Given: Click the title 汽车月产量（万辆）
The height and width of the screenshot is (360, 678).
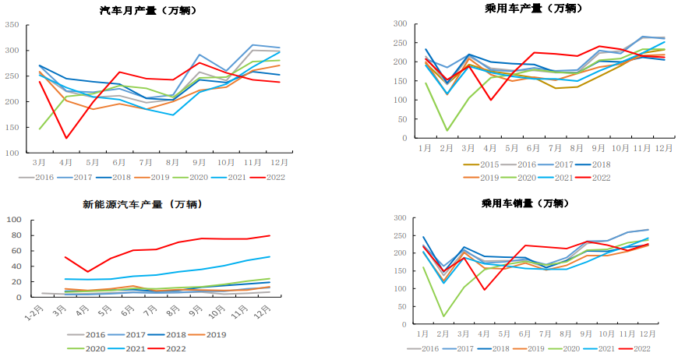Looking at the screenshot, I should tap(148, 11).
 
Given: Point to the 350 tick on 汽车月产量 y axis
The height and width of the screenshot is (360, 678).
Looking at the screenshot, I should tap(12, 25).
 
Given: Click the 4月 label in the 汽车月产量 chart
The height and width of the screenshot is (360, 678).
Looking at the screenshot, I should tap(66, 162).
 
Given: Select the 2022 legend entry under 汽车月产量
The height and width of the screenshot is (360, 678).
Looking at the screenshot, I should tap(268, 177).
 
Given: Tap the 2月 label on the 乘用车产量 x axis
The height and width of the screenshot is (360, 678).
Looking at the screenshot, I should tap(447, 148).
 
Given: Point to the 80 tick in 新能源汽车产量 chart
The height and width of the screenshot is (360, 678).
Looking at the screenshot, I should tap(16, 220).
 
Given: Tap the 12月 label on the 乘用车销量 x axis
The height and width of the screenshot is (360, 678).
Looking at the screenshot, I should tap(647, 335).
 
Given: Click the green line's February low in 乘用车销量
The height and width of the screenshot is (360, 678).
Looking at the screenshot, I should tap(444, 316).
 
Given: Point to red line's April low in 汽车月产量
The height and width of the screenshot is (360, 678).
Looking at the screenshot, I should tap(66, 138).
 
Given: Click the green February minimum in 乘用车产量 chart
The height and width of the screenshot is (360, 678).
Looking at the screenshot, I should tap(447, 130).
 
